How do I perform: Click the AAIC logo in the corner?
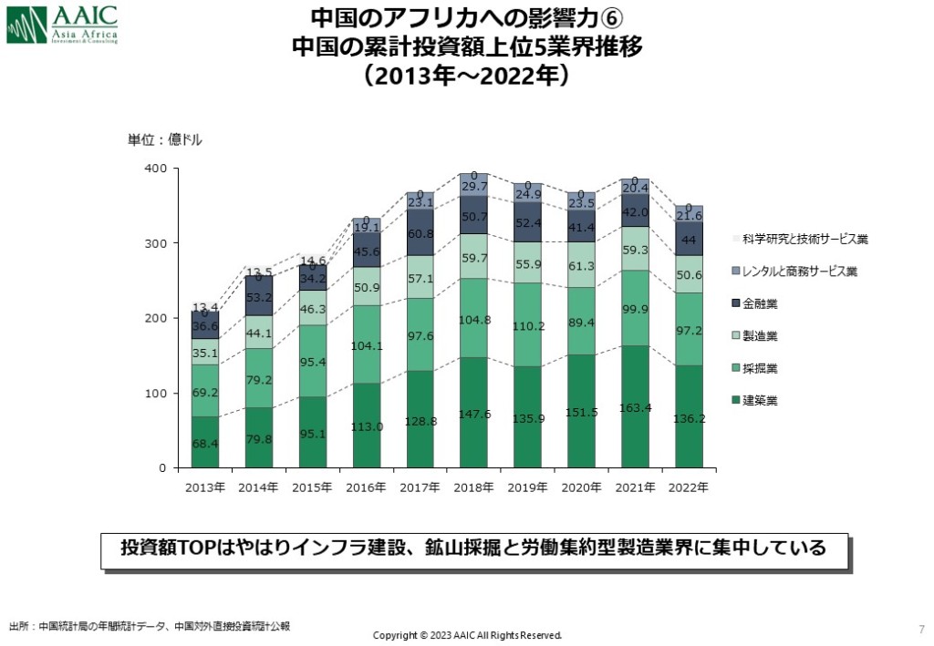coord(62,25)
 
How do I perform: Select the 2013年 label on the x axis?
coord(205,488)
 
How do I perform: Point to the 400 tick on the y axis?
coord(155,169)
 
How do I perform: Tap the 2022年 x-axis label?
coord(689,488)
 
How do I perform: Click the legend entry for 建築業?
coord(758,400)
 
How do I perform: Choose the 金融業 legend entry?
coord(758,303)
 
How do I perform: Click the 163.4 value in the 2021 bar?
coord(635,406)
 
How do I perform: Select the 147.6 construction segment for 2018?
coord(474,413)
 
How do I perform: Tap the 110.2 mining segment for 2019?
coord(528,324)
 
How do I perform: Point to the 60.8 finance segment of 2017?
coord(420,234)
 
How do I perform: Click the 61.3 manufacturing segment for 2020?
coord(582,265)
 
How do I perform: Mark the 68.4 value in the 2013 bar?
coord(205,443)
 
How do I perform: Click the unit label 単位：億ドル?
coord(164,140)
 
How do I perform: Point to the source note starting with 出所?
coord(150,627)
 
